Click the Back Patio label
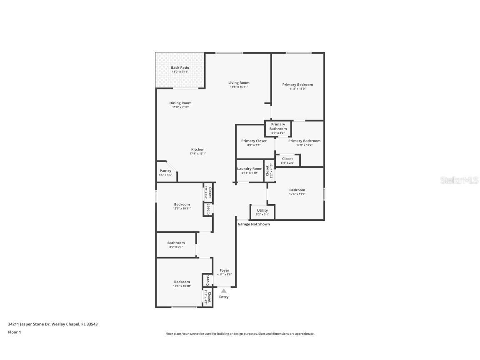(x=180, y=67)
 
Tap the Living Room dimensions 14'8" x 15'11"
(x=239, y=87)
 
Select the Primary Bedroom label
(x=297, y=85)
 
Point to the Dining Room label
(x=180, y=103)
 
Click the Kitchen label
(x=198, y=150)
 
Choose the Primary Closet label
(x=254, y=141)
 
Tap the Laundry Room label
(x=250, y=169)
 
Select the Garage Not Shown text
(x=254, y=224)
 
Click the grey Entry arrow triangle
(x=224, y=291)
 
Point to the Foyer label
(x=225, y=270)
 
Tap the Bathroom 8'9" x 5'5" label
(x=176, y=243)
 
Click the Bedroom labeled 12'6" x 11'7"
(x=297, y=190)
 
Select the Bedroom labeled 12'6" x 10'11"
(x=182, y=205)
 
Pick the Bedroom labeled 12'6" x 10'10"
(x=182, y=282)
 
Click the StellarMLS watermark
(x=458, y=180)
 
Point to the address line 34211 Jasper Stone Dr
(x=52, y=324)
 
